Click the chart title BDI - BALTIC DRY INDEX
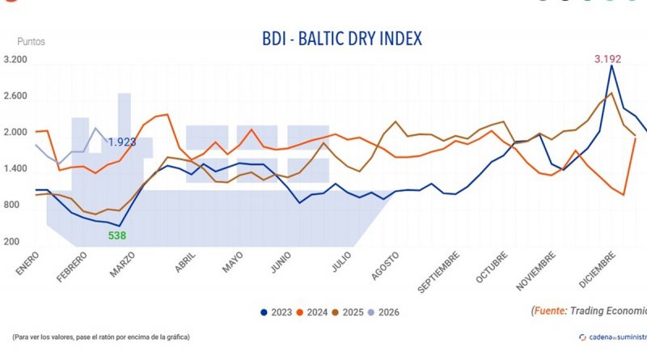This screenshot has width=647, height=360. click(342, 39)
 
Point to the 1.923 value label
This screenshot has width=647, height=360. click(123, 142)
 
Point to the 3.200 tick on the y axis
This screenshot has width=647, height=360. click(15, 60)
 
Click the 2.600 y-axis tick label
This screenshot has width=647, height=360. click(15, 96)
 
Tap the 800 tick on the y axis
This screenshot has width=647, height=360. click(11, 205)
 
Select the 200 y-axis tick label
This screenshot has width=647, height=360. click(11, 242)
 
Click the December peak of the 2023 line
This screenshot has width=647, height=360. click(611, 66)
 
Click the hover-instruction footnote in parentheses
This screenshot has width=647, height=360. click(101, 337)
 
